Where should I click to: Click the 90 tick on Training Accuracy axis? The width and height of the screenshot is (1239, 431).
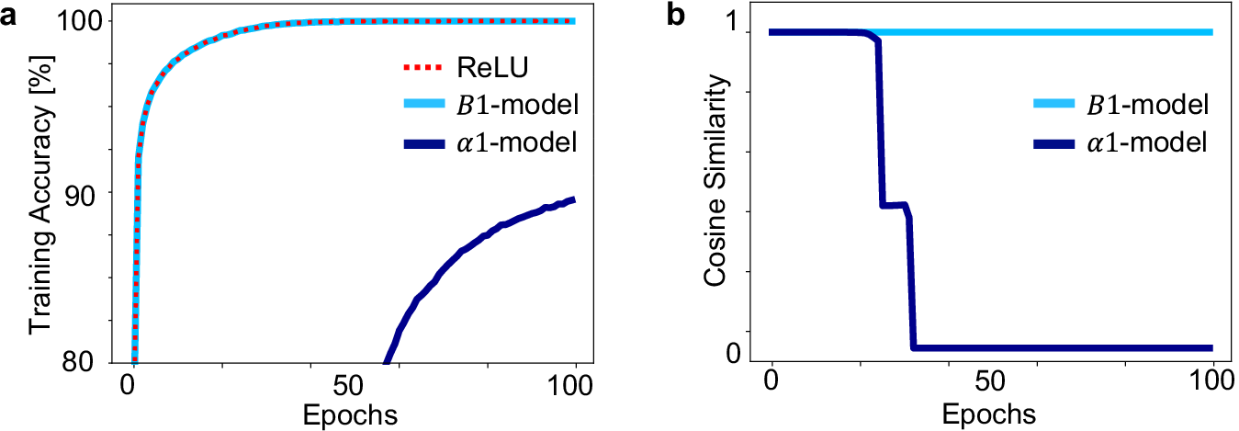pyautogui.click(x=92, y=192)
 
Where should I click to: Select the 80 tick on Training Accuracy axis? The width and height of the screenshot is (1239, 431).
pyautogui.click(x=92, y=362)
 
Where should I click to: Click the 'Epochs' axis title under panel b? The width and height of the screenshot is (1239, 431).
pyautogui.click(x=991, y=414)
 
